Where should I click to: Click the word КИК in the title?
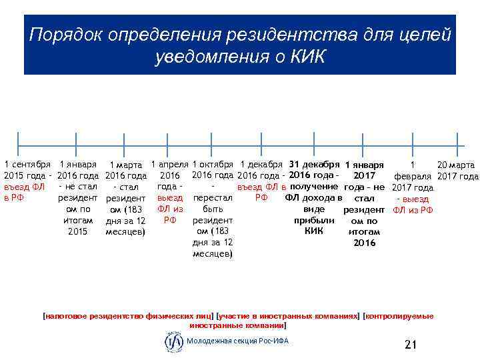tap(307, 57)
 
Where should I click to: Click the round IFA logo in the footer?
tap(173, 342)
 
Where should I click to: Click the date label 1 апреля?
tap(169, 164)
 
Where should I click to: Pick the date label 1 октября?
tap(212, 164)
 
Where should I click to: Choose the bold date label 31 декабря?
tap(313, 164)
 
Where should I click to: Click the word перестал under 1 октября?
tap(212, 199)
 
